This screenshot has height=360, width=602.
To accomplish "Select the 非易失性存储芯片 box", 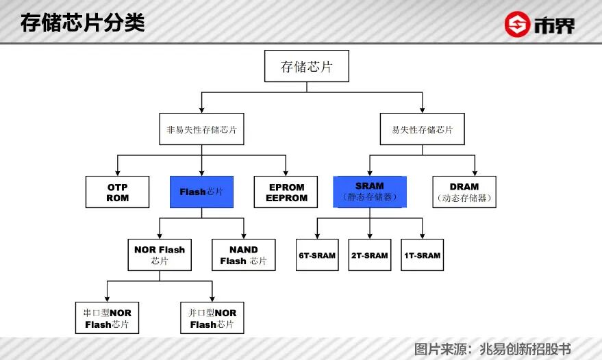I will tap(201, 129).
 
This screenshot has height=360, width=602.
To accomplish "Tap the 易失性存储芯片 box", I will tap(422, 129).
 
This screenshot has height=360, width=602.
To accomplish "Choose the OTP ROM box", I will tap(117, 192).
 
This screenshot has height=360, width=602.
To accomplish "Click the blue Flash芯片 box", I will tap(201, 192).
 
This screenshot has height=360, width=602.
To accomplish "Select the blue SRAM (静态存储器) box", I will tap(370, 192).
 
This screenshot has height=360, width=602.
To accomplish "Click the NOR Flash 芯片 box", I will tap(160, 255).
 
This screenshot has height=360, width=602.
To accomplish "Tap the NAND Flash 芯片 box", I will tap(243, 255).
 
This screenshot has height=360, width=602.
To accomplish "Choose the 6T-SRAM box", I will tap(317, 255).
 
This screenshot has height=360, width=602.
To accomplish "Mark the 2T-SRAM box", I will tap(370, 255).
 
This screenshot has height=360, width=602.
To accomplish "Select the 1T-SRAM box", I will tap(422, 255).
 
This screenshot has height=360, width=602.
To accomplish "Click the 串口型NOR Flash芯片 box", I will tap(107, 318).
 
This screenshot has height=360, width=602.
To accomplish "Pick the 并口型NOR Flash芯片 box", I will tap(213, 318).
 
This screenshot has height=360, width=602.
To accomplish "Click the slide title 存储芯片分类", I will tap(82, 23).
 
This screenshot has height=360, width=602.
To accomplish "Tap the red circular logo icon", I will tap(518, 25).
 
